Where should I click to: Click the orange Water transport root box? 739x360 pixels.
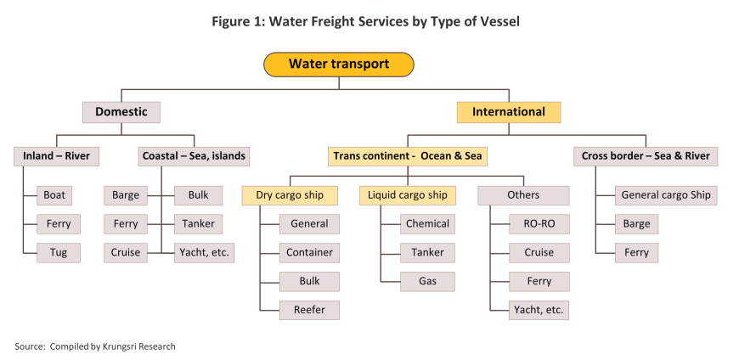click(338, 65)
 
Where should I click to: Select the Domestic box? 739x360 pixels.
click(121, 112)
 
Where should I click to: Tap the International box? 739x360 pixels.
click(509, 112)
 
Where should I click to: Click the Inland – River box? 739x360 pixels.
click(56, 156)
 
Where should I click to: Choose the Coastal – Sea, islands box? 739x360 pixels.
click(194, 156)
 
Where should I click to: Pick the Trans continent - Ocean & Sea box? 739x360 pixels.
click(408, 156)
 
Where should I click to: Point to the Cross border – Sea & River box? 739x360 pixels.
click(646, 156)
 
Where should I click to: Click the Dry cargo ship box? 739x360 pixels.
click(290, 195)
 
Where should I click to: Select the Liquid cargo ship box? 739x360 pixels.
click(408, 195)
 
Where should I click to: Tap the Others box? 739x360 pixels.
click(523, 195)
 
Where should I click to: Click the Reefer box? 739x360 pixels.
click(309, 310)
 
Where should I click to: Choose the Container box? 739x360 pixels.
click(309, 252)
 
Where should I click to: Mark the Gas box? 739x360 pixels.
click(427, 281)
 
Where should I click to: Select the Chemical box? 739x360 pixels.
click(427, 224)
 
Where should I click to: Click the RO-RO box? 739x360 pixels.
click(539, 224)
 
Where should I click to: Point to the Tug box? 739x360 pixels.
click(59, 252)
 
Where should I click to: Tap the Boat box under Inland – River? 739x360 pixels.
click(54, 195)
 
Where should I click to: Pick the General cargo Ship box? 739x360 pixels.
click(666, 195)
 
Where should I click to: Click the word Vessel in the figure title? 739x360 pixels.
click(498, 22)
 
